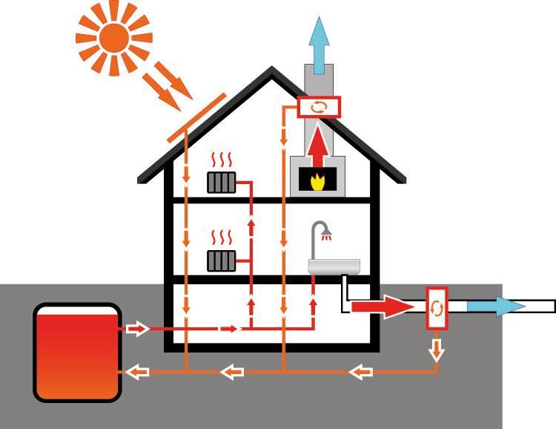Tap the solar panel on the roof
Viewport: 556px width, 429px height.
click(x=195, y=119)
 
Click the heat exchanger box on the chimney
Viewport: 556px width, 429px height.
click(x=319, y=107)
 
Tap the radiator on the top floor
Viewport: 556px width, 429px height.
click(x=222, y=181)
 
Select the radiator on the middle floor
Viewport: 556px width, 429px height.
click(x=222, y=259)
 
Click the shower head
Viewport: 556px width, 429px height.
click(x=327, y=235)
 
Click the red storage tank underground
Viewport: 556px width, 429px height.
click(x=77, y=353)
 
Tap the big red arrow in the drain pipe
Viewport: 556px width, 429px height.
click(x=378, y=306)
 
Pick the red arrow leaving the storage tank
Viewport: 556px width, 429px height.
click(x=137, y=328)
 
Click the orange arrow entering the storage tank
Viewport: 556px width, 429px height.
click(x=136, y=370)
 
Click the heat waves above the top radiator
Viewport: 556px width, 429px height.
click(x=222, y=160)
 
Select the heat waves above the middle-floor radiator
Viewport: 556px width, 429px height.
click(x=222, y=238)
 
